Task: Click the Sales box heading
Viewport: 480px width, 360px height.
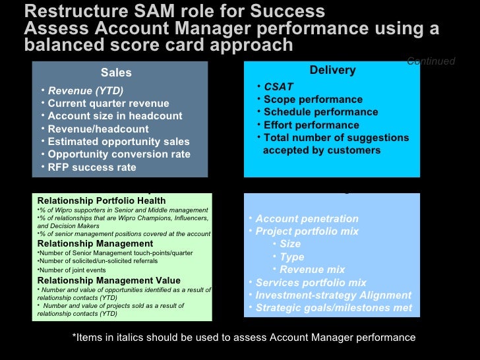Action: [x=116, y=73]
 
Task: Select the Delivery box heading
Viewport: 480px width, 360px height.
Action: [x=332, y=71]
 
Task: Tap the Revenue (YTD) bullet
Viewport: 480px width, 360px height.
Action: [x=86, y=90]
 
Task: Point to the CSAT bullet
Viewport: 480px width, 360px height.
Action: [x=278, y=86]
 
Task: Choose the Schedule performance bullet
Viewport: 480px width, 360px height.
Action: [x=320, y=112]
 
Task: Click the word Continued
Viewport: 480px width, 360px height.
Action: [x=431, y=61]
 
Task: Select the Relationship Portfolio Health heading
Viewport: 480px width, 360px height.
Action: [x=102, y=200]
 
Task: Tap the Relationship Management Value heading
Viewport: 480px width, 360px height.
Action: [x=109, y=280]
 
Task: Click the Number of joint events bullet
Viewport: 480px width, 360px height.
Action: [x=73, y=270]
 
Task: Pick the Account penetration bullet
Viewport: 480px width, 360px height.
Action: [x=307, y=219]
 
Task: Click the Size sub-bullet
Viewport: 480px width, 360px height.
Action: [x=290, y=244]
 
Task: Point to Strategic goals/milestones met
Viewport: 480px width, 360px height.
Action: [x=334, y=308]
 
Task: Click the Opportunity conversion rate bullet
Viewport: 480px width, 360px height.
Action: [x=119, y=154]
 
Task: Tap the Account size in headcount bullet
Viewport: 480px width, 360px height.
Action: [x=115, y=116]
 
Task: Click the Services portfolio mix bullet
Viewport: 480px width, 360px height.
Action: [x=311, y=283]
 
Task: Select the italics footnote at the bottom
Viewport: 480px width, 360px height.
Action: [x=244, y=338]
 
